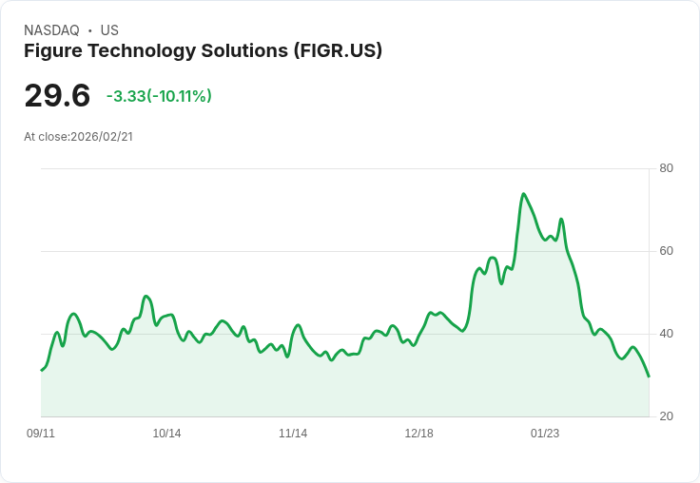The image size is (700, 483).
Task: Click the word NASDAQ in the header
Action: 51,30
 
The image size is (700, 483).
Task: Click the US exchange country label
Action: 109,30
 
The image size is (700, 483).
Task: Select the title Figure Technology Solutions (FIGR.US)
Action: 203,51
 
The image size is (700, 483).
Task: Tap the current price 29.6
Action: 57,95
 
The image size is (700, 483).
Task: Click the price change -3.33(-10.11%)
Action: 159,96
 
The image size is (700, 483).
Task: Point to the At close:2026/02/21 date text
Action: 78,137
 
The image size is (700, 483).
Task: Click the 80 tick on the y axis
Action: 666,168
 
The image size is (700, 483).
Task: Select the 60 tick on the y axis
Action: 666,251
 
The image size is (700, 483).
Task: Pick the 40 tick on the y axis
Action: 666,334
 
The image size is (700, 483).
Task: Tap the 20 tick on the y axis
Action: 666,416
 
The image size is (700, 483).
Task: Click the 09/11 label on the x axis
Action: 41,434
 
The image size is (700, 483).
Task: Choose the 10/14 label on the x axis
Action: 166,434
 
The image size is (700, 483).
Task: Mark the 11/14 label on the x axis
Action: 293,434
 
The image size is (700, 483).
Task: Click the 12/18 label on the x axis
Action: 418,434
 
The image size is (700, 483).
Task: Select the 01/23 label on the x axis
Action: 545,434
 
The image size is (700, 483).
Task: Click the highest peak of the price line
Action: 523,194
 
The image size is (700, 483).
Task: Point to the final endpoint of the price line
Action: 649,377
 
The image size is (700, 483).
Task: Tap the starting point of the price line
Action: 41,370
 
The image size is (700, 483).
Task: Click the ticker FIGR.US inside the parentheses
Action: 340,51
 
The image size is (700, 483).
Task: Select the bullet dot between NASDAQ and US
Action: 89,30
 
